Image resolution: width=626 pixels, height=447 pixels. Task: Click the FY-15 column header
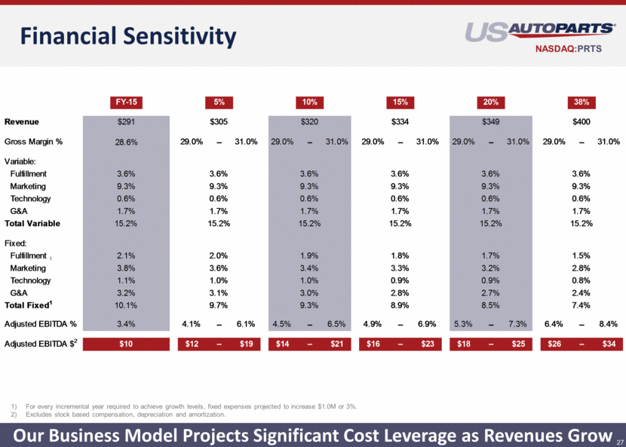pos(126,103)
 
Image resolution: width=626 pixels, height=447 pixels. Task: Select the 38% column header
pos(582,103)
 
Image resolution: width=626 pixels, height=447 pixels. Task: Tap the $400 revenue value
pos(582,121)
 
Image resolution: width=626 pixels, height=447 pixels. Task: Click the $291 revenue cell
pos(126,121)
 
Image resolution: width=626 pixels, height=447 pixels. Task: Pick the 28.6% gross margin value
pos(126,142)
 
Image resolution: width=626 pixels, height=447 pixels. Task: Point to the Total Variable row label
pos(32,223)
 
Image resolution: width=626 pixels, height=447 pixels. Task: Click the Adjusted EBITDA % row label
pos(40,324)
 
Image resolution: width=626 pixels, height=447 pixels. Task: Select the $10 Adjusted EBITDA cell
pos(126,344)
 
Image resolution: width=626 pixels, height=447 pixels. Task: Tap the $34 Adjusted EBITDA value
pos(609,344)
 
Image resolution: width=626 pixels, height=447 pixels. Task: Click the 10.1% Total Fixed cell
pos(126,305)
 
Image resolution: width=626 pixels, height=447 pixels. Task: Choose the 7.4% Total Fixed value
pos(582,305)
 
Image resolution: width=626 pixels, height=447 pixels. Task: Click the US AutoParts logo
pos(539,32)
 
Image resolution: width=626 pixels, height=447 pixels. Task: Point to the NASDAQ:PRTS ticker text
pos(569,49)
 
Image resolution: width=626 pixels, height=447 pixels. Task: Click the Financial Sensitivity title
pos(128,36)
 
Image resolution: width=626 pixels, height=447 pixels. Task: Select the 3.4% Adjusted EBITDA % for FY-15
pos(126,324)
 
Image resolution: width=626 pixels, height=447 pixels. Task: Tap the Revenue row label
pos(22,121)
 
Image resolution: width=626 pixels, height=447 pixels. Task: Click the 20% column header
pos(491,103)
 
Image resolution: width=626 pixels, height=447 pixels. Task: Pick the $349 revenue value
pos(491,121)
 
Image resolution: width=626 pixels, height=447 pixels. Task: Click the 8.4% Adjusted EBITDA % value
pos(609,324)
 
